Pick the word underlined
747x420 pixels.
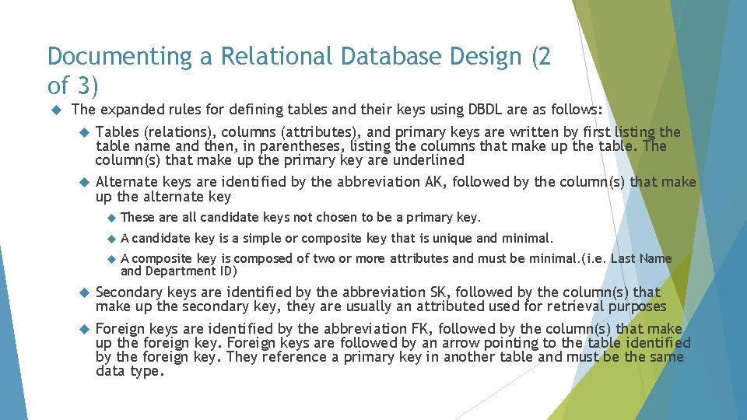click(430, 160)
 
